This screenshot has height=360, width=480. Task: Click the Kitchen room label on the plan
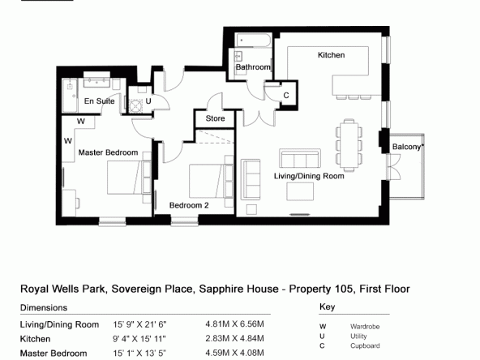point(332,55)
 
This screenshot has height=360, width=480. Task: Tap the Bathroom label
point(253,67)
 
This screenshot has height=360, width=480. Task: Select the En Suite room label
point(100,101)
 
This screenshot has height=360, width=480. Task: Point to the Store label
point(215,118)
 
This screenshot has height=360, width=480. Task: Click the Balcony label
point(407,147)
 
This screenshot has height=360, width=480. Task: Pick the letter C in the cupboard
point(286,96)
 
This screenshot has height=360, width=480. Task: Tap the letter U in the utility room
point(148,101)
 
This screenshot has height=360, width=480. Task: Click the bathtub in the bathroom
point(253,40)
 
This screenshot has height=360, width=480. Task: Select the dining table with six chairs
point(349,145)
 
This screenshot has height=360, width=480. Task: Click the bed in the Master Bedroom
point(129,178)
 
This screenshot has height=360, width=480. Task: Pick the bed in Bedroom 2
point(212,182)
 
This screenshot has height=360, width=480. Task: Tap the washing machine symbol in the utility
point(135,106)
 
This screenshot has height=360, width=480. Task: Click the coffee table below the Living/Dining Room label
point(300,191)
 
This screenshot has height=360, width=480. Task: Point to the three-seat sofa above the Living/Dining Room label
point(300,159)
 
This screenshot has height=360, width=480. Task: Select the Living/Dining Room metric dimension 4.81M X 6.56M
point(235,324)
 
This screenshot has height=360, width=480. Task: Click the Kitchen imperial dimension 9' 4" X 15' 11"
point(139,339)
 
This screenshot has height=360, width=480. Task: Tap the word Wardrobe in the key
point(365,327)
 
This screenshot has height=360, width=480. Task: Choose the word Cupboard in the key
point(365,345)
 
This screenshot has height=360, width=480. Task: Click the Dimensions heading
point(44,307)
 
